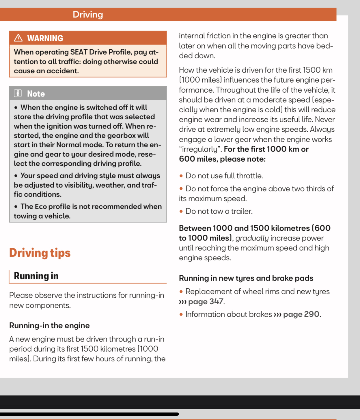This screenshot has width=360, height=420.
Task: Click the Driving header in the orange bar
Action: (x=88, y=14)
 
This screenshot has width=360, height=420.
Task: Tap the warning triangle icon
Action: (x=18, y=38)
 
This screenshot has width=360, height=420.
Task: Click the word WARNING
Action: (x=45, y=38)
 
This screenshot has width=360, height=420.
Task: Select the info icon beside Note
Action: (x=18, y=93)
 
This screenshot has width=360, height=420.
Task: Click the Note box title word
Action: (x=36, y=94)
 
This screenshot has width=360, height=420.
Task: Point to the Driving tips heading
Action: (x=40, y=253)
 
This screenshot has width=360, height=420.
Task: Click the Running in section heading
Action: (x=36, y=276)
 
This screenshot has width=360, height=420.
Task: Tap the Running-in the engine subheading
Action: (x=49, y=325)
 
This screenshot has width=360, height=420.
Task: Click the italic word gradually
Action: (x=252, y=238)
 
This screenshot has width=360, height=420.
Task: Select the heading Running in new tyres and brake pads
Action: (x=246, y=278)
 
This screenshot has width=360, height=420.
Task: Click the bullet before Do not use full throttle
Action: (x=181, y=176)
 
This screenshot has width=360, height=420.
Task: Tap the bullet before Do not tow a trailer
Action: (x=181, y=211)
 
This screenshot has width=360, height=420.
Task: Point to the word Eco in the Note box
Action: (x=41, y=207)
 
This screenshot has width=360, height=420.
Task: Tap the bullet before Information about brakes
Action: (x=181, y=314)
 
